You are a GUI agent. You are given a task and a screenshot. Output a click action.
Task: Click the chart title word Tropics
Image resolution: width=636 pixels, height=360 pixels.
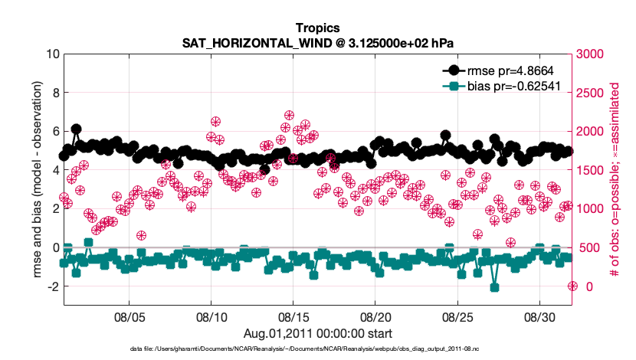point(317,28)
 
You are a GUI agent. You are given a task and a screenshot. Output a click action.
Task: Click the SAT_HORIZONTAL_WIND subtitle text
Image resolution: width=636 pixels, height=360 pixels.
point(317,43)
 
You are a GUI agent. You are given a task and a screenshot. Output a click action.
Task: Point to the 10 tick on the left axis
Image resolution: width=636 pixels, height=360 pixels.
point(53,54)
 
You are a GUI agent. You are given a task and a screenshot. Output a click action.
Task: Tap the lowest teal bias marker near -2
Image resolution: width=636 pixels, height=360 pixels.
point(495,287)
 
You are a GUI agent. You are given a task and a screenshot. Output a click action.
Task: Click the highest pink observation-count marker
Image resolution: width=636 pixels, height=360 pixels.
point(289,116)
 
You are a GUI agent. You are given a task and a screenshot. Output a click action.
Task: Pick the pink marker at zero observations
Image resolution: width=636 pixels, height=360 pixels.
point(572,286)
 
